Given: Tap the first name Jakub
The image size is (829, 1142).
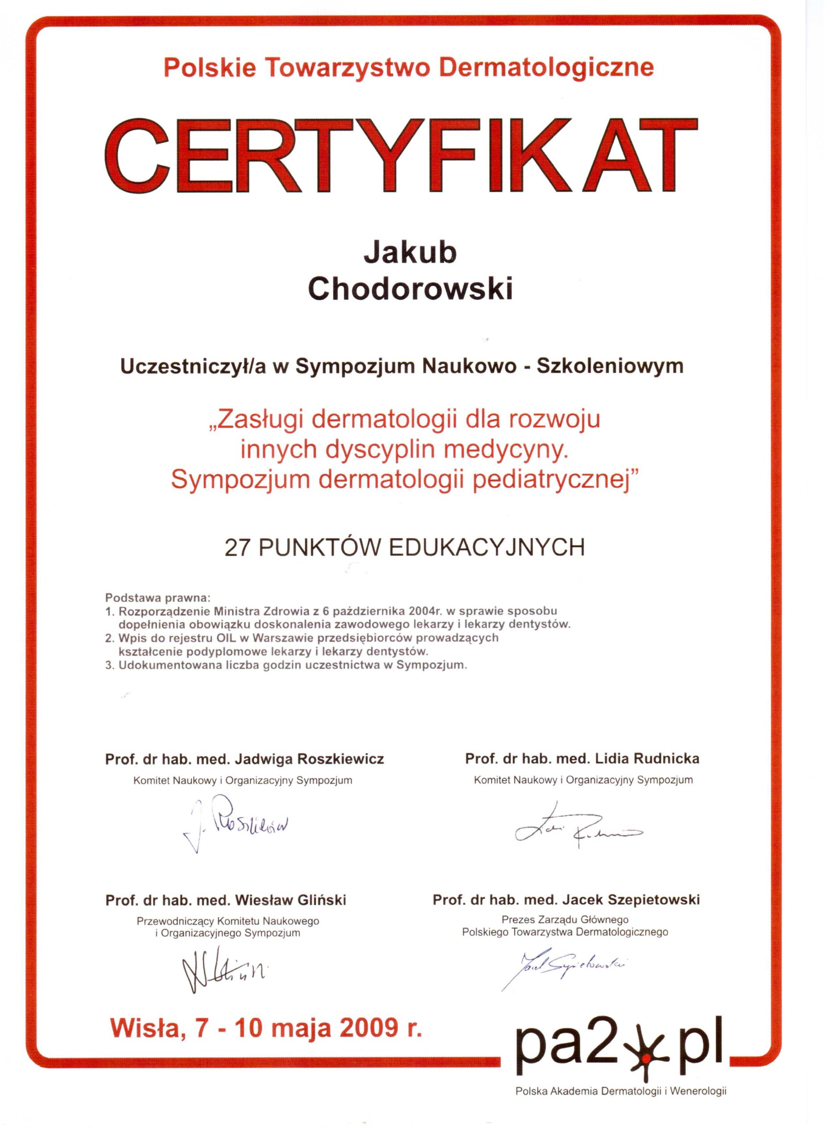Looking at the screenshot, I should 410,253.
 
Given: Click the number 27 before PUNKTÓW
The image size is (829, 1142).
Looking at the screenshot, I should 238,547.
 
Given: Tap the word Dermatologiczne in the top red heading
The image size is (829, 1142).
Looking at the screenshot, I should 546,68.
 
